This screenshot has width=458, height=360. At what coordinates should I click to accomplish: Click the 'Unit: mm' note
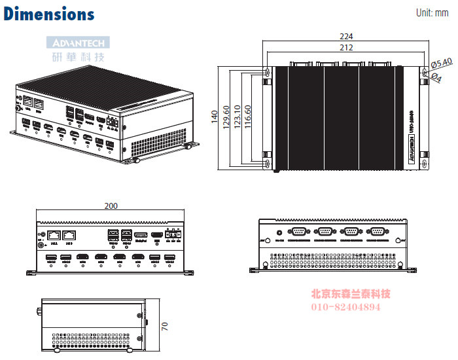point(432,13)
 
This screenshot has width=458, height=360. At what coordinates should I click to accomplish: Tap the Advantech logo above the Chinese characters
point(78,43)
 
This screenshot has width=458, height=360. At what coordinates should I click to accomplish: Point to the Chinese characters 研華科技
point(78,56)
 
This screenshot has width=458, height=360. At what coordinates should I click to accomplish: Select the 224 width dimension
point(347,36)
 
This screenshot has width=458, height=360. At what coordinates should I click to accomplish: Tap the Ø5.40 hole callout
point(442,63)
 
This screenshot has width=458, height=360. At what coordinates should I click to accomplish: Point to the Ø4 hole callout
point(438,76)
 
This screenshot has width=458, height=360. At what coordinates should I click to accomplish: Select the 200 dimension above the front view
point(111,206)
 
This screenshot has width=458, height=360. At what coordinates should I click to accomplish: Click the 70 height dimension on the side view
point(165,325)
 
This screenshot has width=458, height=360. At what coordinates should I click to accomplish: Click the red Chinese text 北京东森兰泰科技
point(350,294)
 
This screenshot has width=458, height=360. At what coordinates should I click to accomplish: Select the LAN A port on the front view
point(55,234)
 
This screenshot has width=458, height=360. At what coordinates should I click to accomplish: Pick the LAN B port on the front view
point(70,234)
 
